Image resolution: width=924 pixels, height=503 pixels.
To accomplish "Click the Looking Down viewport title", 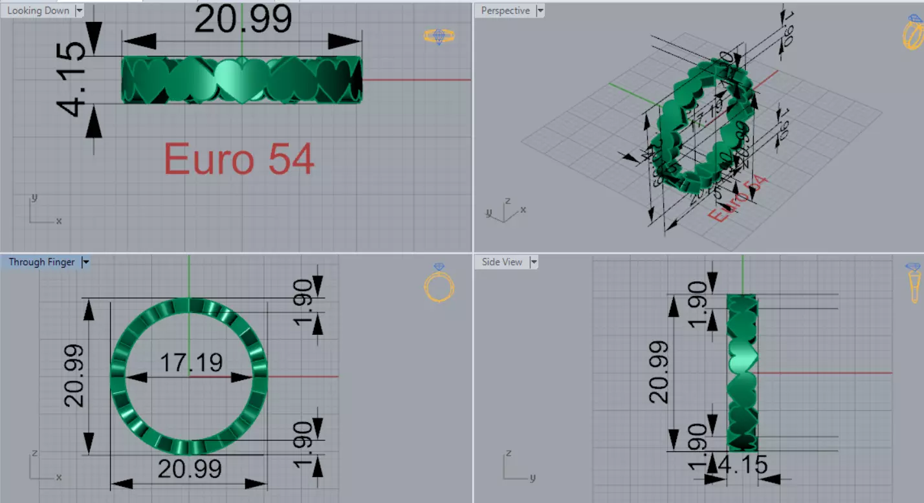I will [38, 11].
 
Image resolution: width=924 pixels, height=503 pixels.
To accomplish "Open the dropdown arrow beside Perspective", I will [540, 11].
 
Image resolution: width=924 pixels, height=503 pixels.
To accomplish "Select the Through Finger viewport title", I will [41, 262].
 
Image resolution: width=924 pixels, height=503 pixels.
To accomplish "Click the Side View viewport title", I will [501, 262].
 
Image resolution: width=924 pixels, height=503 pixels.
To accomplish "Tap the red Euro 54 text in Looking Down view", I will [239, 159].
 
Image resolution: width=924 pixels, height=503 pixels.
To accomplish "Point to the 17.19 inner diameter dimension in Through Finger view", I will [191, 363].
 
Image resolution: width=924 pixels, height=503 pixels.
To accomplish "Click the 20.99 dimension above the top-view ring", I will [243, 20].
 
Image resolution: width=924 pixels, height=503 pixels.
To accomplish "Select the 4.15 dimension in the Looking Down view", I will [76, 79].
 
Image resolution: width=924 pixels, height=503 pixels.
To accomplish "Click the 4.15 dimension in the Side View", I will [744, 465].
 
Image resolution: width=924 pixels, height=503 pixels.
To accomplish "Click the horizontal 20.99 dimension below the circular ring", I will [190, 469].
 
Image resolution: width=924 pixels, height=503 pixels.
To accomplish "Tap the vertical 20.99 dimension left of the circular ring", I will [74, 376].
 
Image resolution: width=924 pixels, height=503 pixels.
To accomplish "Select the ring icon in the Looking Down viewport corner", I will [439, 36].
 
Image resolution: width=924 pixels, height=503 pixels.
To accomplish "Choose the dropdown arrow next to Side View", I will [534, 262].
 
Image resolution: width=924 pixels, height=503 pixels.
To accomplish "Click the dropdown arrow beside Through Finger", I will [85, 262].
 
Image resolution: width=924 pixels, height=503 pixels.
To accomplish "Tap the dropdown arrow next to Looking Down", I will [79, 11].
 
